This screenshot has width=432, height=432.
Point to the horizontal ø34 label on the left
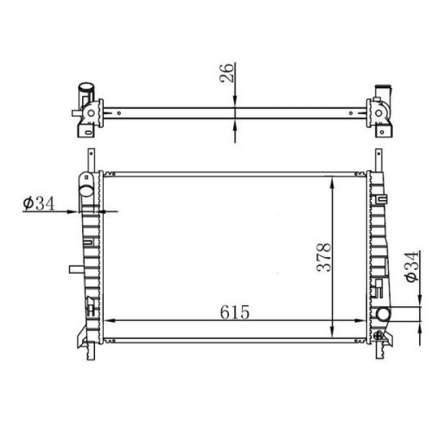pos(39,204)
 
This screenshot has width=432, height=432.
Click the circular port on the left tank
pos(86,192)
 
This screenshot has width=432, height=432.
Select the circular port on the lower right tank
pos(382,315)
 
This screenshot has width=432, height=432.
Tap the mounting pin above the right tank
pos(377,158)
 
